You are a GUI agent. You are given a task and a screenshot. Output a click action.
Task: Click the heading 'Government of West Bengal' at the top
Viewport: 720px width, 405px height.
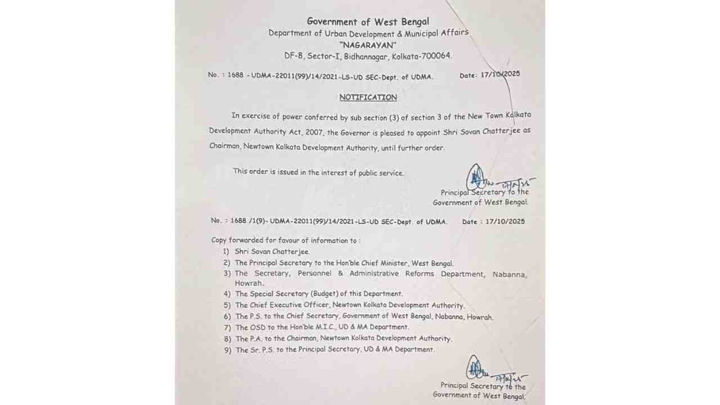pos(368,22)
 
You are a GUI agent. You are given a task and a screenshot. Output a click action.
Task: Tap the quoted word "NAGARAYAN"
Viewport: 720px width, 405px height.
pos(368,45)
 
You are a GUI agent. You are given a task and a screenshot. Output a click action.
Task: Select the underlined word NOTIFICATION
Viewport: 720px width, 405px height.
pos(368,97)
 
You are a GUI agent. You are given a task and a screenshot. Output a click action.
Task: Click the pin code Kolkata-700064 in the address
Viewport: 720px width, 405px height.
pos(422,56)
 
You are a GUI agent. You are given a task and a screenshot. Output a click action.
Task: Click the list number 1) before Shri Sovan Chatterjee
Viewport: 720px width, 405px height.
pos(226,252)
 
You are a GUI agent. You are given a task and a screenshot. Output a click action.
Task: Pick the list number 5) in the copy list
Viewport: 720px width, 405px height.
pos(227,305)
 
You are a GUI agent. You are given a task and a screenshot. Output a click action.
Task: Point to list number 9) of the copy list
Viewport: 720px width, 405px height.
pos(227,350)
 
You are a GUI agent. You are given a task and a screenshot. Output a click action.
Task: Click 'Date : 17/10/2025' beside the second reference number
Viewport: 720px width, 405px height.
pos(493,222)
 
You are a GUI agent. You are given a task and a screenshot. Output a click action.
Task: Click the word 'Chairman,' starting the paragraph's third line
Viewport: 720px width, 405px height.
pos(225,148)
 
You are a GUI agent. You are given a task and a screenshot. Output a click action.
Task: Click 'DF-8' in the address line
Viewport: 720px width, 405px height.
pos(294,56)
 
